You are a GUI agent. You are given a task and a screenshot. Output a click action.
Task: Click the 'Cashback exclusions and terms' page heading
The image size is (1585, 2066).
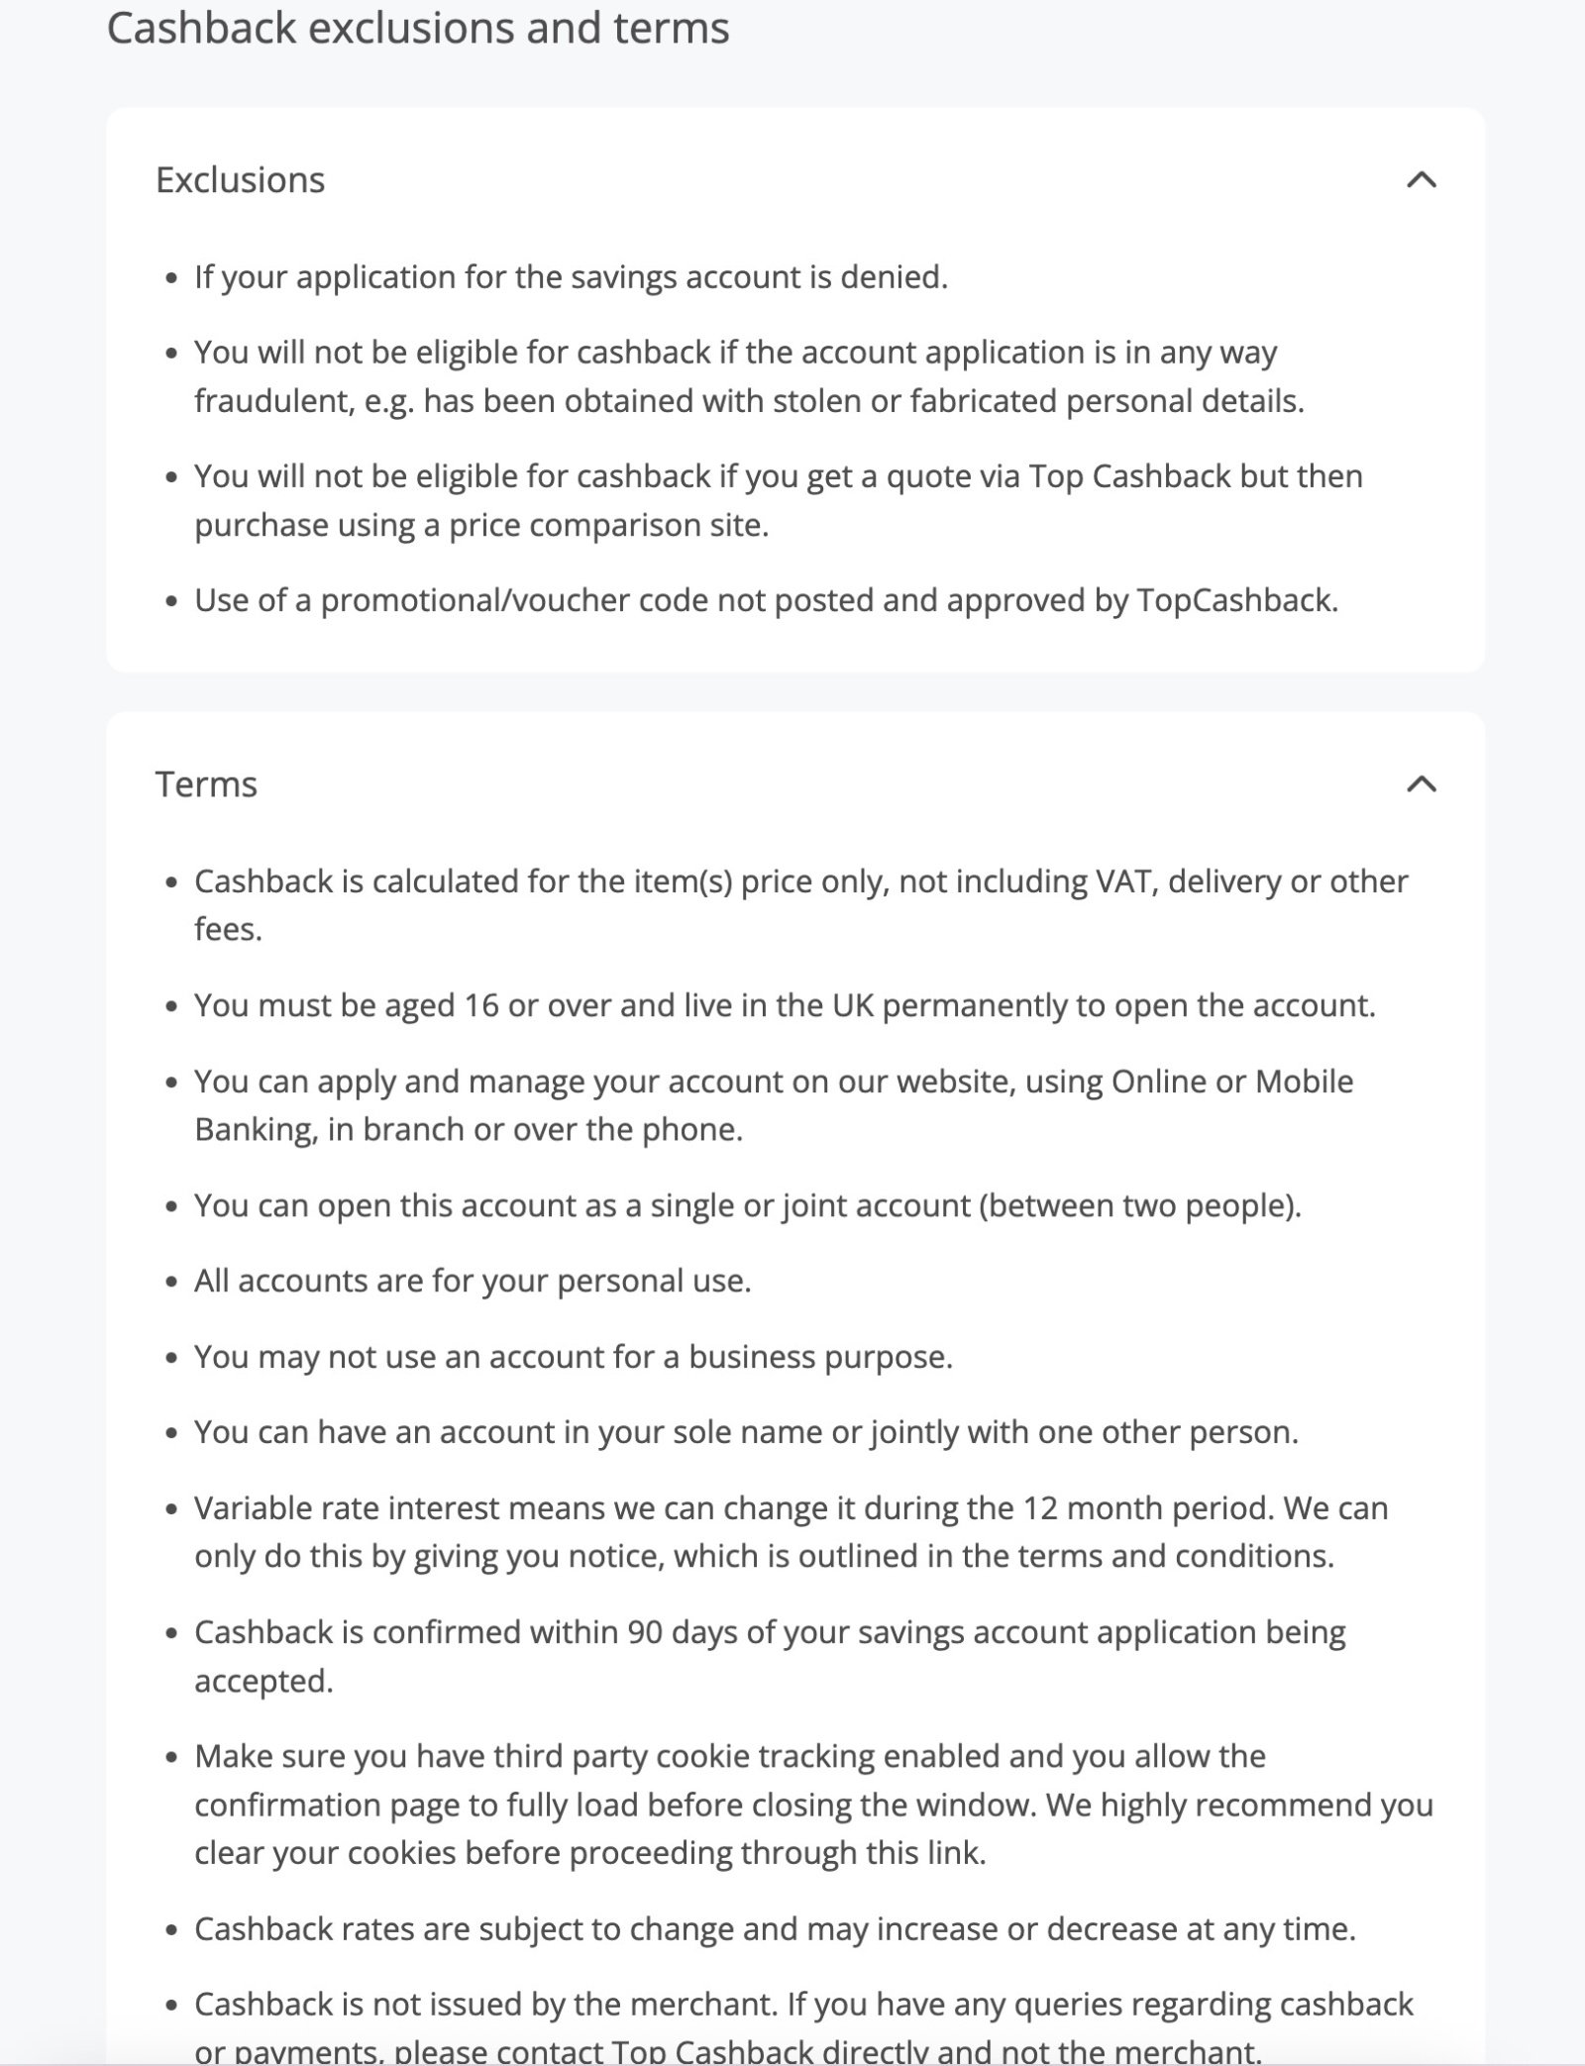[417, 28]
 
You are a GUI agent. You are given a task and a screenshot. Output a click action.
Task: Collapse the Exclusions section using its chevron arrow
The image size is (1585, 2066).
[1422, 179]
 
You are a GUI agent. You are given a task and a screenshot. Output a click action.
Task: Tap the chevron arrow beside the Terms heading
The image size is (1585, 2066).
[1422, 784]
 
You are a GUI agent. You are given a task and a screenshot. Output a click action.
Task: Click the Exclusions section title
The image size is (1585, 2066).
[240, 179]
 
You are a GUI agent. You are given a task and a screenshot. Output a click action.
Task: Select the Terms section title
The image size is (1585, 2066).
[206, 784]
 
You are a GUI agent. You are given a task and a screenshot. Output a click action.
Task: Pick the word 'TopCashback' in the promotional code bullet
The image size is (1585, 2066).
[1234, 600]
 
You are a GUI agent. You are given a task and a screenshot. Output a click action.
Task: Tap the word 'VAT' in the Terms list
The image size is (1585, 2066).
[1126, 881]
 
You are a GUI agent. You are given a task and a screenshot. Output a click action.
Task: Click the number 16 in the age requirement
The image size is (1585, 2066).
[481, 1006]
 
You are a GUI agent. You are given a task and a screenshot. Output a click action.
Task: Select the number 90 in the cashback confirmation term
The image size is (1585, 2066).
[645, 1632]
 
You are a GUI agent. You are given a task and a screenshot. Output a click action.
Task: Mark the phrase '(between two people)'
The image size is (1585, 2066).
[1139, 1205]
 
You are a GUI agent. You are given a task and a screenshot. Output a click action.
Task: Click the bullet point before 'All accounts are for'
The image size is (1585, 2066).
[172, 1283]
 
